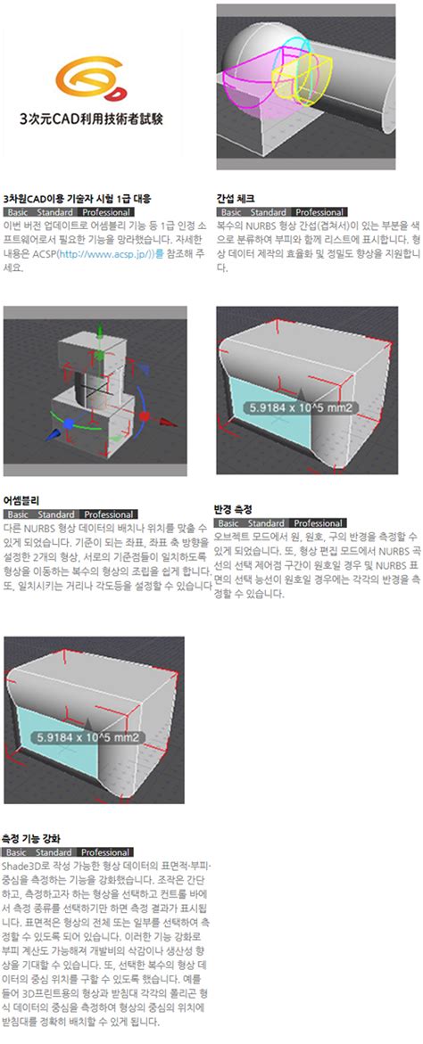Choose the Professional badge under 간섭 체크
tap(319, 212)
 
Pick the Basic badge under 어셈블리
tap(18, 514)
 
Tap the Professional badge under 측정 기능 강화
tap(105, 851)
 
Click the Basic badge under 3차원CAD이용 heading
tap(18, 212)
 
